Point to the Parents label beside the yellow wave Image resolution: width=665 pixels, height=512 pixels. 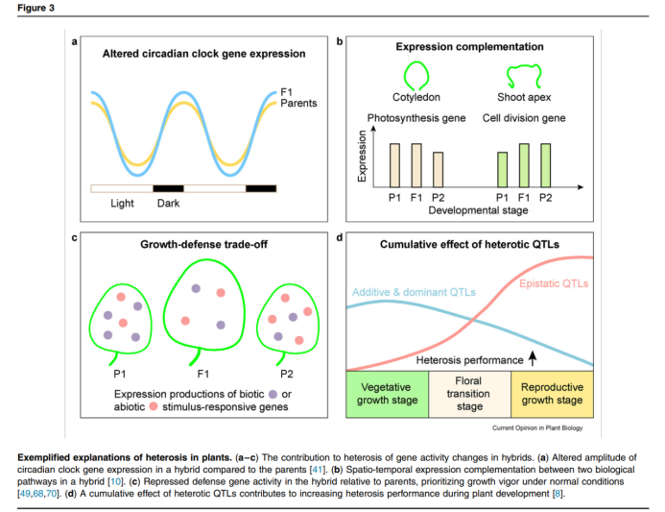coord(298,103)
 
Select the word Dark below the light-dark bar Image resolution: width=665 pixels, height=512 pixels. coord(169,203)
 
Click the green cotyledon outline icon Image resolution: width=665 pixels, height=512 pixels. coord(415,74)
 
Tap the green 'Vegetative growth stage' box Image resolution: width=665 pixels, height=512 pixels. coord(386,394)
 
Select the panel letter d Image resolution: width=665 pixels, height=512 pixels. coord(340,235)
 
